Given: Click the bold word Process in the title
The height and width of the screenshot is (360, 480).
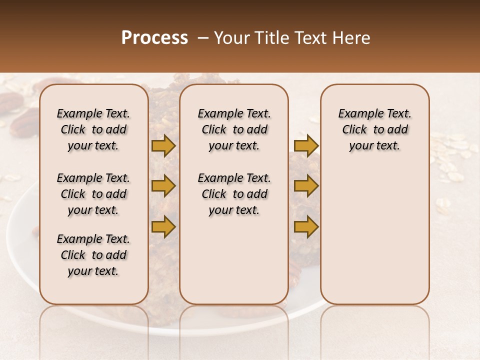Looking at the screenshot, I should tap(154, 38).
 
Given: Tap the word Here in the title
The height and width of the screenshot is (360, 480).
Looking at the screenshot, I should tap(352, 38).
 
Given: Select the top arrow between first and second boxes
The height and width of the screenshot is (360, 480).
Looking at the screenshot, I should tap(163, 146).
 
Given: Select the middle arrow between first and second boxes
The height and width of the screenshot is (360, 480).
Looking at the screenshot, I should tap(163, 186).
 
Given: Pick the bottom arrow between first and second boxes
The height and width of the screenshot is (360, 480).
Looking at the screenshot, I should tap(163, 226).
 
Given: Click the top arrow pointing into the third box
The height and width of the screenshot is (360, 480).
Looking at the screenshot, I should tap(306, 146).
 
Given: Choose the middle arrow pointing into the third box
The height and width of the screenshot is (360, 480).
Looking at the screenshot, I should tap(306, 186).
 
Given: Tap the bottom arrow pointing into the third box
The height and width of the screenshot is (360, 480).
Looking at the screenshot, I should tap(306, 226).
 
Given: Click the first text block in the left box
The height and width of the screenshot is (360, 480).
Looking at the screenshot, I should tap(93, 129).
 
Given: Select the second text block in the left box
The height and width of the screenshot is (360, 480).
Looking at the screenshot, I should tap(93, 194).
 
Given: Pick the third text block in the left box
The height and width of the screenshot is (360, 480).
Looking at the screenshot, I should tap(93, 255).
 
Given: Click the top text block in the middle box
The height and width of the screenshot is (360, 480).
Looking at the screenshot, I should tap(234, 129).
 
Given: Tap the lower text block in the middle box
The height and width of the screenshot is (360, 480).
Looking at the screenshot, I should tap(234, 194).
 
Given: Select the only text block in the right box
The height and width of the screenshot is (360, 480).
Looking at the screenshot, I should tap(374, 129).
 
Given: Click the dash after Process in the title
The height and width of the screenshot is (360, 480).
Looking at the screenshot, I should tap(203, 38).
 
